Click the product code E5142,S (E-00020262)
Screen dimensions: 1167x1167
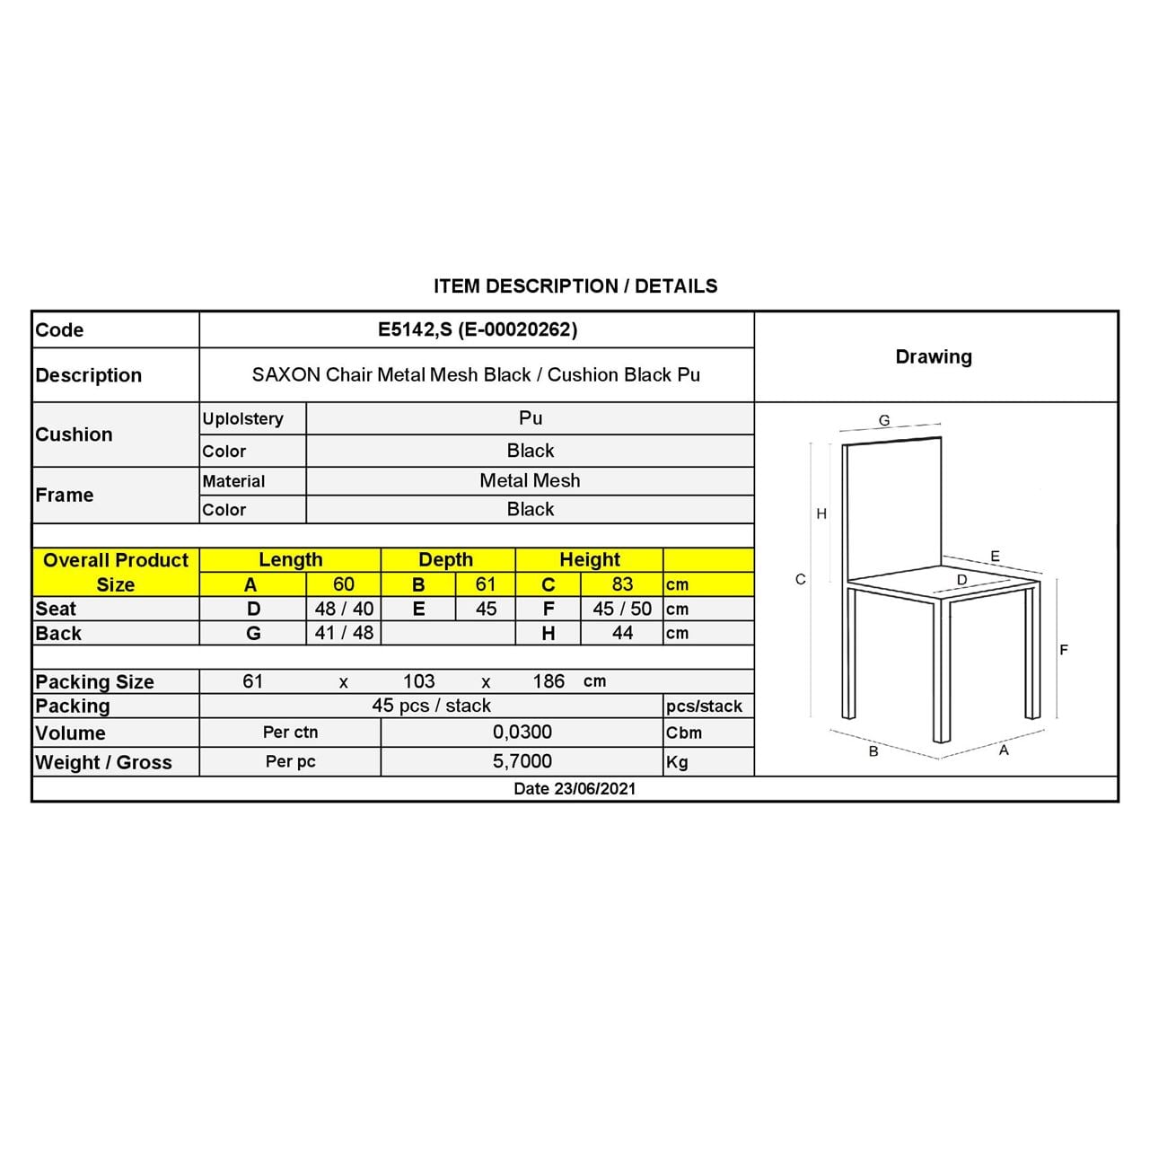(x=478, y=329)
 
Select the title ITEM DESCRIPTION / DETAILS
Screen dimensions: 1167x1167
(x=575, y=286)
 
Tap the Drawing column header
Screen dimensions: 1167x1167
(x=934, y=356)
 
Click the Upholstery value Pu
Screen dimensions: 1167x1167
(x=531, y=417)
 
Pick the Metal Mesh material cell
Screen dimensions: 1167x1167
(x=530, y=480)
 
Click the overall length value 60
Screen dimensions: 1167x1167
(x=344, y=583)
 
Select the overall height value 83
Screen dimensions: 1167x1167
(x=622, y=583)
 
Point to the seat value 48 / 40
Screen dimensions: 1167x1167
(x=344, y=609)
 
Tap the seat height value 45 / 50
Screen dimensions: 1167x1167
(x=622, y=609)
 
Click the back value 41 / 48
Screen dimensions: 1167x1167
(x=344, y=633)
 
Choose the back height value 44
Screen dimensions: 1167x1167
(x=622, y=633)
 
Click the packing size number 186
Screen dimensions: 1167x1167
(x=548, y=681)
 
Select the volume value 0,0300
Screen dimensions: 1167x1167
(x=522, y=732)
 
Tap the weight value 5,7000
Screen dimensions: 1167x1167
(x=522, y=761)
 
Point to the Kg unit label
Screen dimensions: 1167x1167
(x=677, y=762)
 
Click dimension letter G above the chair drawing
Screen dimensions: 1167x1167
(x=884, y=420)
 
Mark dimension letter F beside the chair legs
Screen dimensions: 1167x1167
(x=1064, y=650)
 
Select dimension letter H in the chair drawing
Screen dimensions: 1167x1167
(x=821, y=513)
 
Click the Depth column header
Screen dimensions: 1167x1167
(x=445, y=559)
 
